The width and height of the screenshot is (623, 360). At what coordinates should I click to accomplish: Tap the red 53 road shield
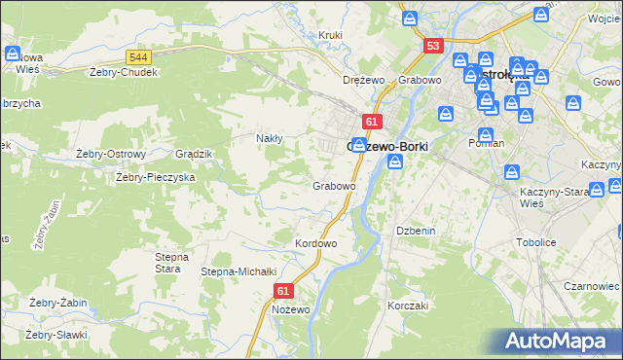(x=434, y=46)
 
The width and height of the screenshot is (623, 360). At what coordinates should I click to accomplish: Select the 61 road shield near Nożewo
(x=283, y=290)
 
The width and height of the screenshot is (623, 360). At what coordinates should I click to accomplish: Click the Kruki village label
(x=331, y=36)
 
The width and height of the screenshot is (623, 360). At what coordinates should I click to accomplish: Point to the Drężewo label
(x=364, y=80)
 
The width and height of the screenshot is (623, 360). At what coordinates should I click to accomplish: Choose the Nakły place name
(x=269, y=138)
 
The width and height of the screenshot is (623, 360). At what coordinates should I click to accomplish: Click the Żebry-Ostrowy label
(x=110, y=154)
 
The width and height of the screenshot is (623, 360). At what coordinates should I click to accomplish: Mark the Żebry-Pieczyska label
(x=156, y=178)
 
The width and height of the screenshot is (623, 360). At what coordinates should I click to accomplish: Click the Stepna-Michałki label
(x=239, y=271)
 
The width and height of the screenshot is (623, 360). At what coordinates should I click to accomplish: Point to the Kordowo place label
(x=315, y=243)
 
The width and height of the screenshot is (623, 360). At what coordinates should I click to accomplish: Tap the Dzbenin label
(x=413, y=231)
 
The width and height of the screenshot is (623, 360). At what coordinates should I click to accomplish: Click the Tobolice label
(x=535, y=243)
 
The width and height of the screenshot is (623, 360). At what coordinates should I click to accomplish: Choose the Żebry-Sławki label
(x=56, y=335)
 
